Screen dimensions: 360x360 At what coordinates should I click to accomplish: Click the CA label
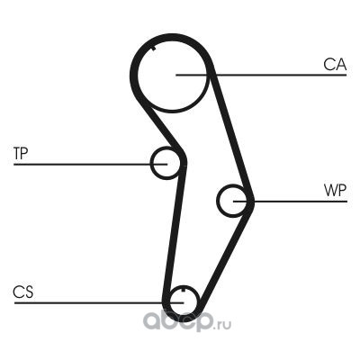[x=335, y=65]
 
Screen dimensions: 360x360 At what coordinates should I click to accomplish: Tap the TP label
[x=21, y=153]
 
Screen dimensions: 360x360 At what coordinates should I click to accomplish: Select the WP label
[x=335, y=190]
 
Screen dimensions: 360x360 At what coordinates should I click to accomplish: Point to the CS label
[x=23, y=292]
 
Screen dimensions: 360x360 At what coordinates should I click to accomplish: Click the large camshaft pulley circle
[x=138, y=75]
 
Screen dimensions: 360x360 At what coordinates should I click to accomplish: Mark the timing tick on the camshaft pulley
[x=154, y=48]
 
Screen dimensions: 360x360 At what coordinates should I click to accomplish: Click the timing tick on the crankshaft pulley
[x=183, y=289]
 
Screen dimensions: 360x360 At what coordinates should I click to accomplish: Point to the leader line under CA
[x=261, y=75]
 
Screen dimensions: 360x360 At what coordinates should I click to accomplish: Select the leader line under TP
[x=90, y=164]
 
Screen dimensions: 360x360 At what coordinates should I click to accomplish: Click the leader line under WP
[x=290, y=201]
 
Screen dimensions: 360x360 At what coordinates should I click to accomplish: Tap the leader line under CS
[x=99, y=302]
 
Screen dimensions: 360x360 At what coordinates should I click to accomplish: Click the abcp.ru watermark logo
[x=186, y=321]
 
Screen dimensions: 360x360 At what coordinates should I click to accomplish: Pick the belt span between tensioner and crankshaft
[x=175, y=231]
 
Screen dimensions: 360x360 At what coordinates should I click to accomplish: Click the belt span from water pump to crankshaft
[x=226, y=255]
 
